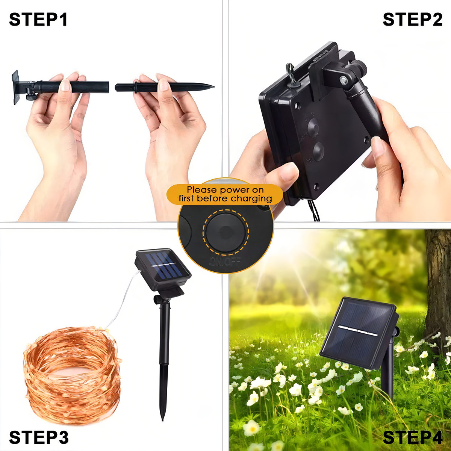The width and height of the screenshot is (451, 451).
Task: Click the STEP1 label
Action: click(38, 20)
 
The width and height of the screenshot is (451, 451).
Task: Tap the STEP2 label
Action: click(412, 20)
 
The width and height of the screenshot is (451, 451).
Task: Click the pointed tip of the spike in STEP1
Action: click(213, 87)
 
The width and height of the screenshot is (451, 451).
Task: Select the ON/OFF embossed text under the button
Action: click(225, 262)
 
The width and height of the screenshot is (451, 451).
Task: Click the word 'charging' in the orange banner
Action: click(251, 199)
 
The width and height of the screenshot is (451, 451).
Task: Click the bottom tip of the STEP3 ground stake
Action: click(162, 420)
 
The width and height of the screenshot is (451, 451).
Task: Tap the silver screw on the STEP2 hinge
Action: click(344, 80)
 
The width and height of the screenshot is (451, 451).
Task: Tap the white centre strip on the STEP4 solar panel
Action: click(358, 330)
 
